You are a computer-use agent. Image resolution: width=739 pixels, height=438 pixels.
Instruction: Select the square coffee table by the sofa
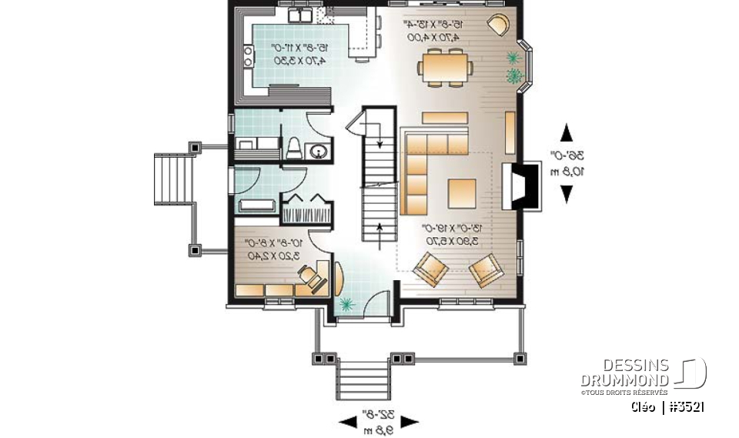click(463, 192)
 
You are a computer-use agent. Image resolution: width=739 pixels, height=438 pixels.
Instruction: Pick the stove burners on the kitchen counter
click(249, 55)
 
